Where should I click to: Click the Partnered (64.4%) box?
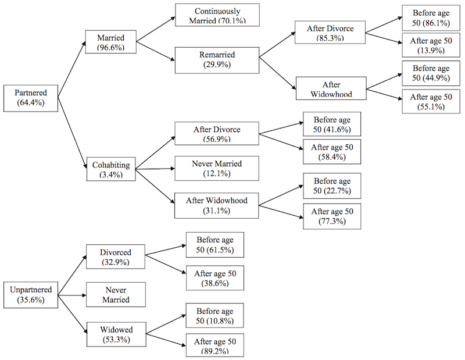click(x=31, y=98)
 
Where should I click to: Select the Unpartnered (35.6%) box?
click(x=31, y=295)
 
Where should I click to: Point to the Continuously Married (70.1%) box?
click(x=217, y=16)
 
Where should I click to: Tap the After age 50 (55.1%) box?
click(x=431, y=102)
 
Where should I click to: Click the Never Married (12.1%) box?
click(x=216, y=169)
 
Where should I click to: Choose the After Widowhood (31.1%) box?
click(x=216, y=205)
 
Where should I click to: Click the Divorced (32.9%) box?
click(x=115, y=258)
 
